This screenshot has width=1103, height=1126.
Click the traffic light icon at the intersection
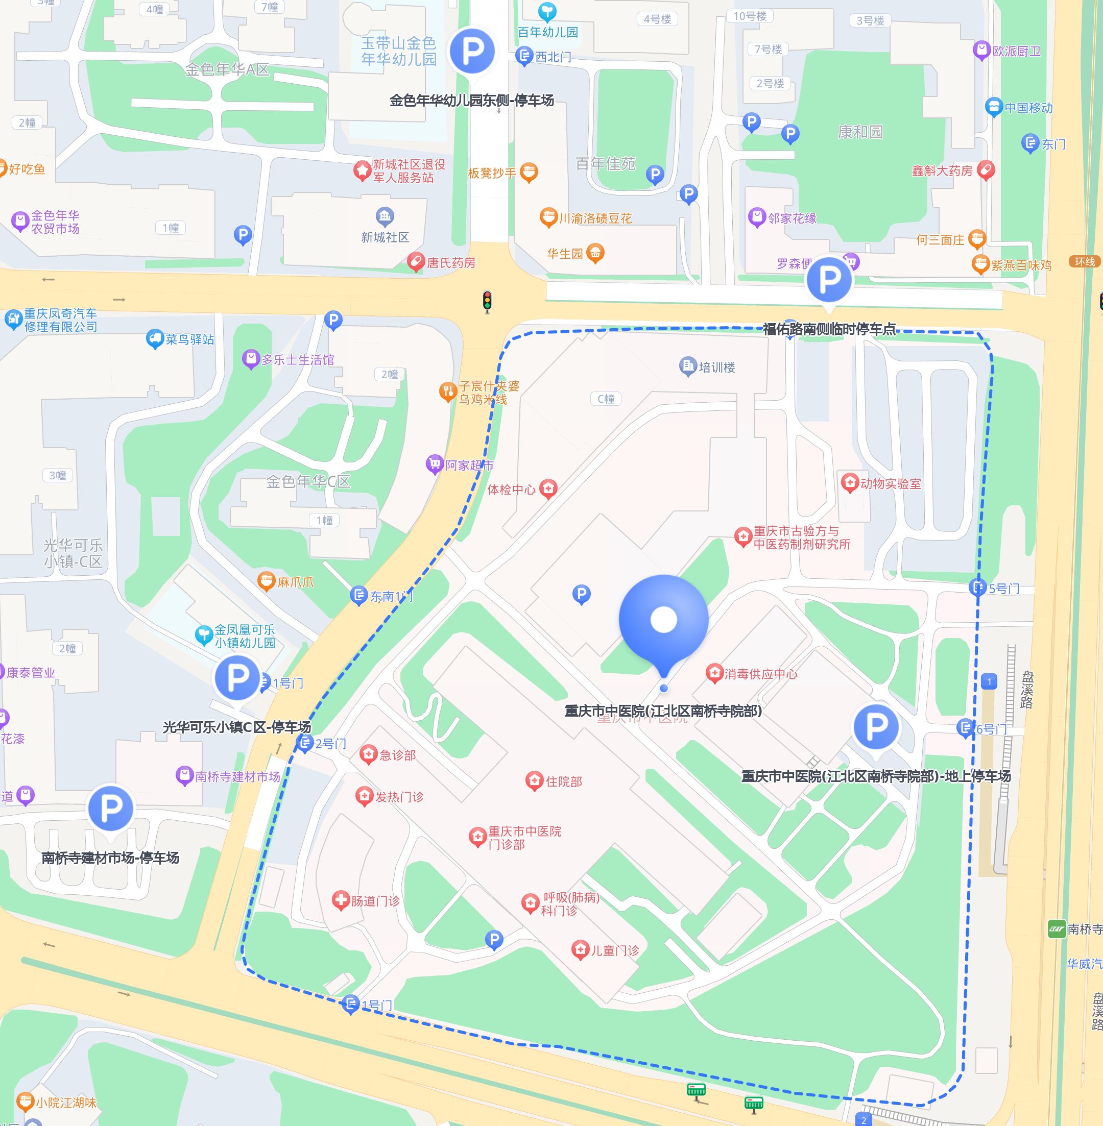pos(487,302)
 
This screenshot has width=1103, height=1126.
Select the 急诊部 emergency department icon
pos(369,754)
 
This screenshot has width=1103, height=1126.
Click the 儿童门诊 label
pos(614,950)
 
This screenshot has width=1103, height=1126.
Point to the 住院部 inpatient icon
pos(534,781)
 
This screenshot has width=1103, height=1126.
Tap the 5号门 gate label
pos(1004,588)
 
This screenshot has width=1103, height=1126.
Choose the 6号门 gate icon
pos(965,728)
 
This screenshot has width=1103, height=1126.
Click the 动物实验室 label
pos(890,483)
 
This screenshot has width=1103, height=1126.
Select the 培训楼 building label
pos(716,367)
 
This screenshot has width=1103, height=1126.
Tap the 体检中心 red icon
pos(548,488)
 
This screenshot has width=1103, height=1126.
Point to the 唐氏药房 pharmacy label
pos(451,263)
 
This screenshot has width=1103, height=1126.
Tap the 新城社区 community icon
pos(385,217)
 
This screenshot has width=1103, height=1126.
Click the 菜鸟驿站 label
pos(189,339)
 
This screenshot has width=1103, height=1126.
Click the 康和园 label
pos(860,132)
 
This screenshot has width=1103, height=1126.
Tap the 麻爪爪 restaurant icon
pos(266,581)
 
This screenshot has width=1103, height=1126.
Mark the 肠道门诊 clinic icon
pos(341,900)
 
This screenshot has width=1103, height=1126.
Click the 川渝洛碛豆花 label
pos(594,218)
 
